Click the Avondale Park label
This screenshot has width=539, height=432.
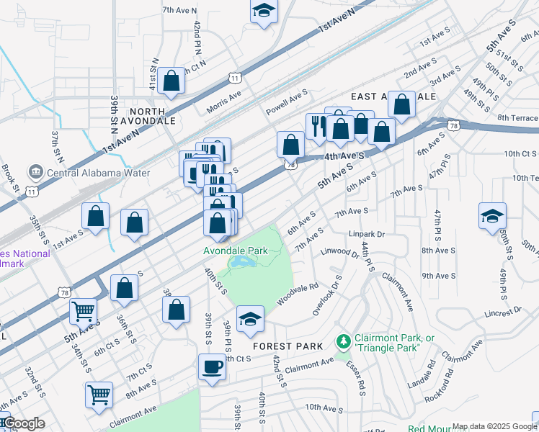point(236,251)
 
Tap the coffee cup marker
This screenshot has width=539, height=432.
point(212,366)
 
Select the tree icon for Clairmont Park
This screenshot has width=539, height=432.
point(344,339)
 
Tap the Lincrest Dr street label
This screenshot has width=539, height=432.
point(502,311)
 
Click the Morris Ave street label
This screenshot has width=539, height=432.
point(224,97)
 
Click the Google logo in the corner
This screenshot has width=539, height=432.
point(23,424)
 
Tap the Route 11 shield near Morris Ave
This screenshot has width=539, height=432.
point(234,77)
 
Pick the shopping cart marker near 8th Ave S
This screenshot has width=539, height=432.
point(99,394)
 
